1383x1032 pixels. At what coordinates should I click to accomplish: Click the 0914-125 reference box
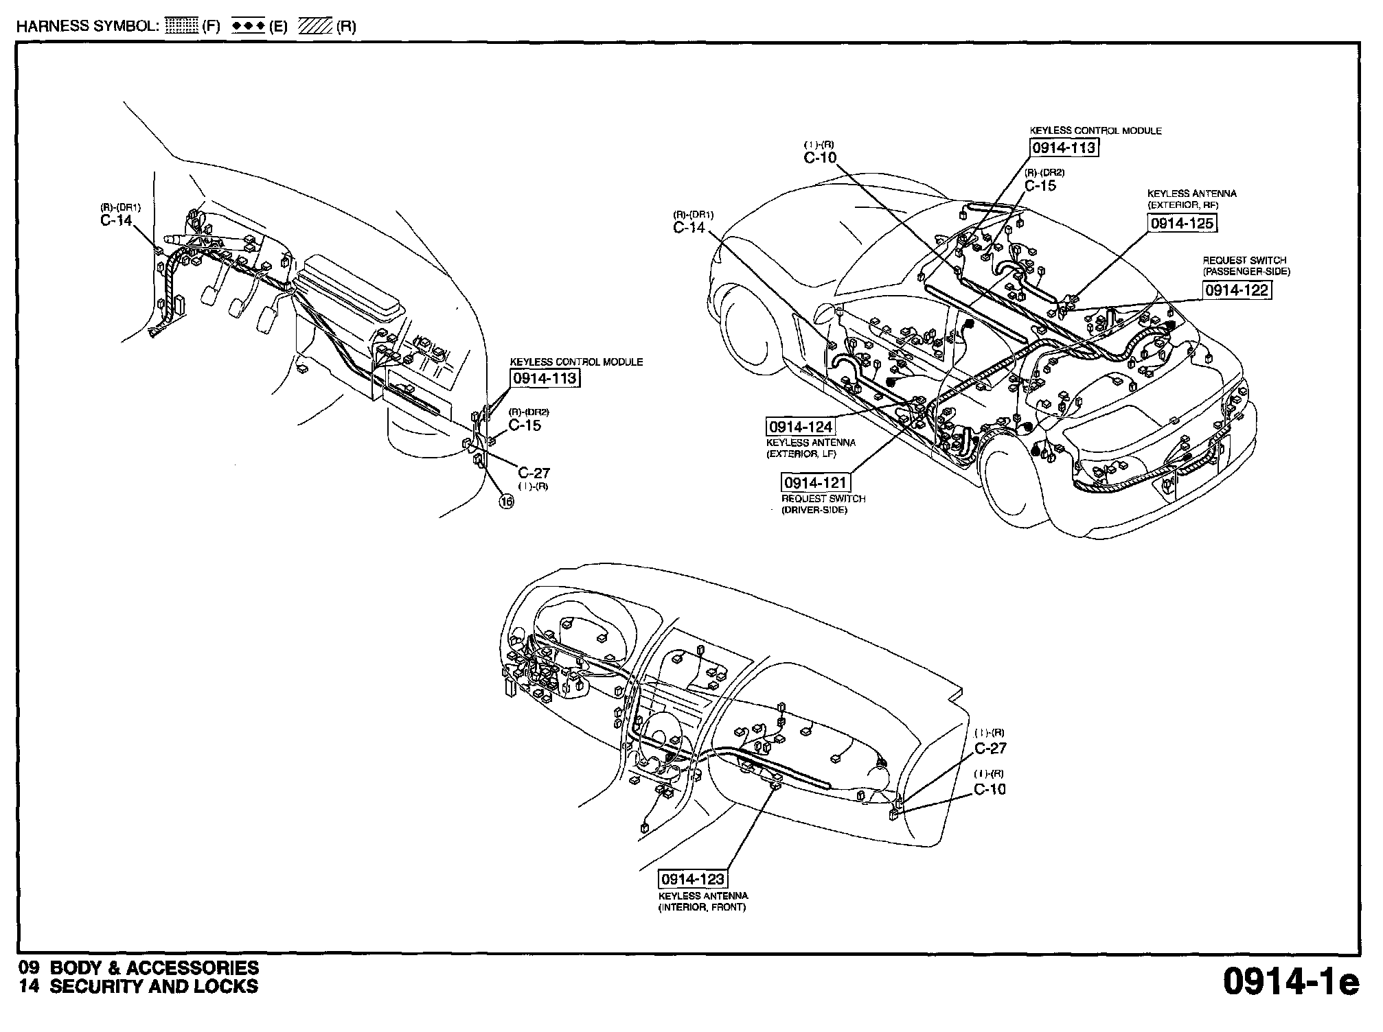click(x=1182, y=223)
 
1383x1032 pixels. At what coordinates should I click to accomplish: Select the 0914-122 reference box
click(x=1237, y=290)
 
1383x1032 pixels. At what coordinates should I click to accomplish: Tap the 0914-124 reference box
click(x=800, y=427)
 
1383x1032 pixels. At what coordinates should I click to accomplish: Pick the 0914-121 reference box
click(x=815, y=482)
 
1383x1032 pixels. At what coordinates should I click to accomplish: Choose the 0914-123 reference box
click(x=692, y=879)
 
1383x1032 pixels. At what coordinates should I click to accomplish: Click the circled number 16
click(x=506, y=502)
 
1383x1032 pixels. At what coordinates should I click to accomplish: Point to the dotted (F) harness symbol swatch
click(x=182, y=27)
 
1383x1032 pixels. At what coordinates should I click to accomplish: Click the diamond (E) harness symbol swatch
click(x=248, y=27)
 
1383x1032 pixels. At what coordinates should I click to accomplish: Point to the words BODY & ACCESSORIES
click(x=155, y=967)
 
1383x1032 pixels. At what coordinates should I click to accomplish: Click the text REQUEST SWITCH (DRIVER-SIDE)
click(x=823, y=504)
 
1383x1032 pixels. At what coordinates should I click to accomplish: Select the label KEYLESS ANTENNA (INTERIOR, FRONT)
click(x=702, y=902)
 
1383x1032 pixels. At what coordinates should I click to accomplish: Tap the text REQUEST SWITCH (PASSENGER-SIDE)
click(x=1246, y=266)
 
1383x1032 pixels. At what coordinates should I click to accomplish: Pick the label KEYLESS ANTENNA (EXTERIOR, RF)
click(x=1191, y=199)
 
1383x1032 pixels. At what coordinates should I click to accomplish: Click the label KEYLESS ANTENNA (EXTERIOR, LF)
click(x=810, y=448)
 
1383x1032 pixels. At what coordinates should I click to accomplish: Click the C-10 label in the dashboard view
click(x=990, y=789)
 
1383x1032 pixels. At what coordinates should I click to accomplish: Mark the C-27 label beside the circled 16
click(x=534, y=473)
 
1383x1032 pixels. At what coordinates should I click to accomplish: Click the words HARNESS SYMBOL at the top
click(x=88, y=27)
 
